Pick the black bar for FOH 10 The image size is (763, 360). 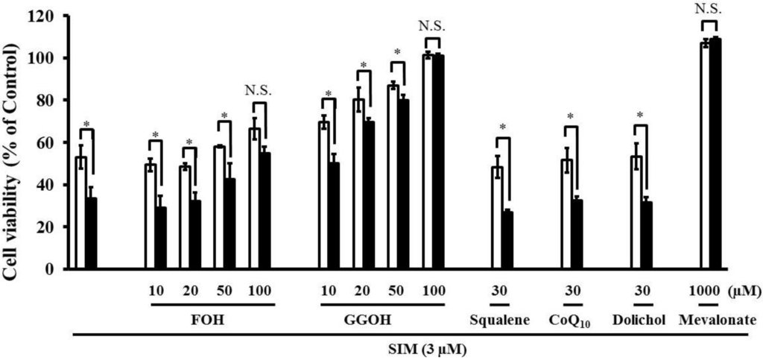160,238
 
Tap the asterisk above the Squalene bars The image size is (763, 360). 503,127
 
